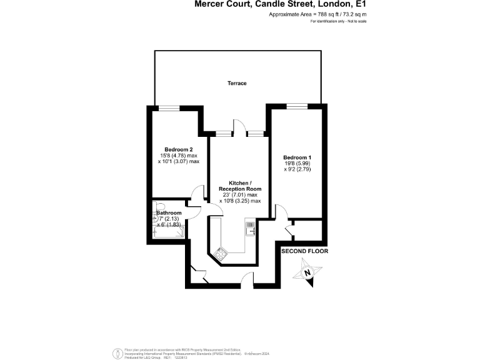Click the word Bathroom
click(x=169, y=213)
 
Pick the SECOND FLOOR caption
click(x=304, y=251)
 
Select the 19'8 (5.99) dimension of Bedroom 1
click(x=296, y=163)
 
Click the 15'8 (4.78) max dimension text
click(x=178, y=155)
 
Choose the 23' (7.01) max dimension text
click(x=240, y=195)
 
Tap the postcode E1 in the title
click(x=359, y=4)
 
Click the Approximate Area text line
click(x=317, y=14)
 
